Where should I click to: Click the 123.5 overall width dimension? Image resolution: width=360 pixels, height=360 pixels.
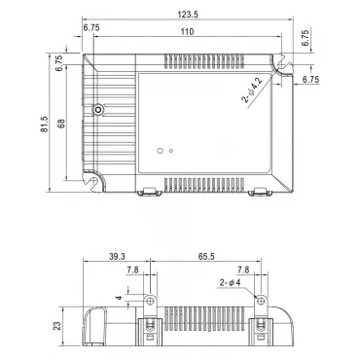click(188, 15)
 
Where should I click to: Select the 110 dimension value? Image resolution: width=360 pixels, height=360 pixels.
click(187, 32)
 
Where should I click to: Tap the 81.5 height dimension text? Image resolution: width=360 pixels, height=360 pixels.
click(44, 125)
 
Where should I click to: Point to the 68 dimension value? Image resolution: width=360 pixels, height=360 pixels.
click(61, 124)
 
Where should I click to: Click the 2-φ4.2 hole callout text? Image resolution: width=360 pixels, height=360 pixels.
click(251, 90)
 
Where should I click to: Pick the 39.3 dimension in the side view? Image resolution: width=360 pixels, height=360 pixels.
click(117, 257)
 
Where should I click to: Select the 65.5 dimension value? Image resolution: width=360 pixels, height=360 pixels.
click(206, 257)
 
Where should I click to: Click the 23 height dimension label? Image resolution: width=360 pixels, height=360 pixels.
click(56, 326)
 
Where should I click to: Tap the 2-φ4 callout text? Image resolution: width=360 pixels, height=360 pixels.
click(230, 282)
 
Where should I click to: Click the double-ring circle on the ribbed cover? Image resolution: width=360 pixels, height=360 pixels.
click(97, 110)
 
